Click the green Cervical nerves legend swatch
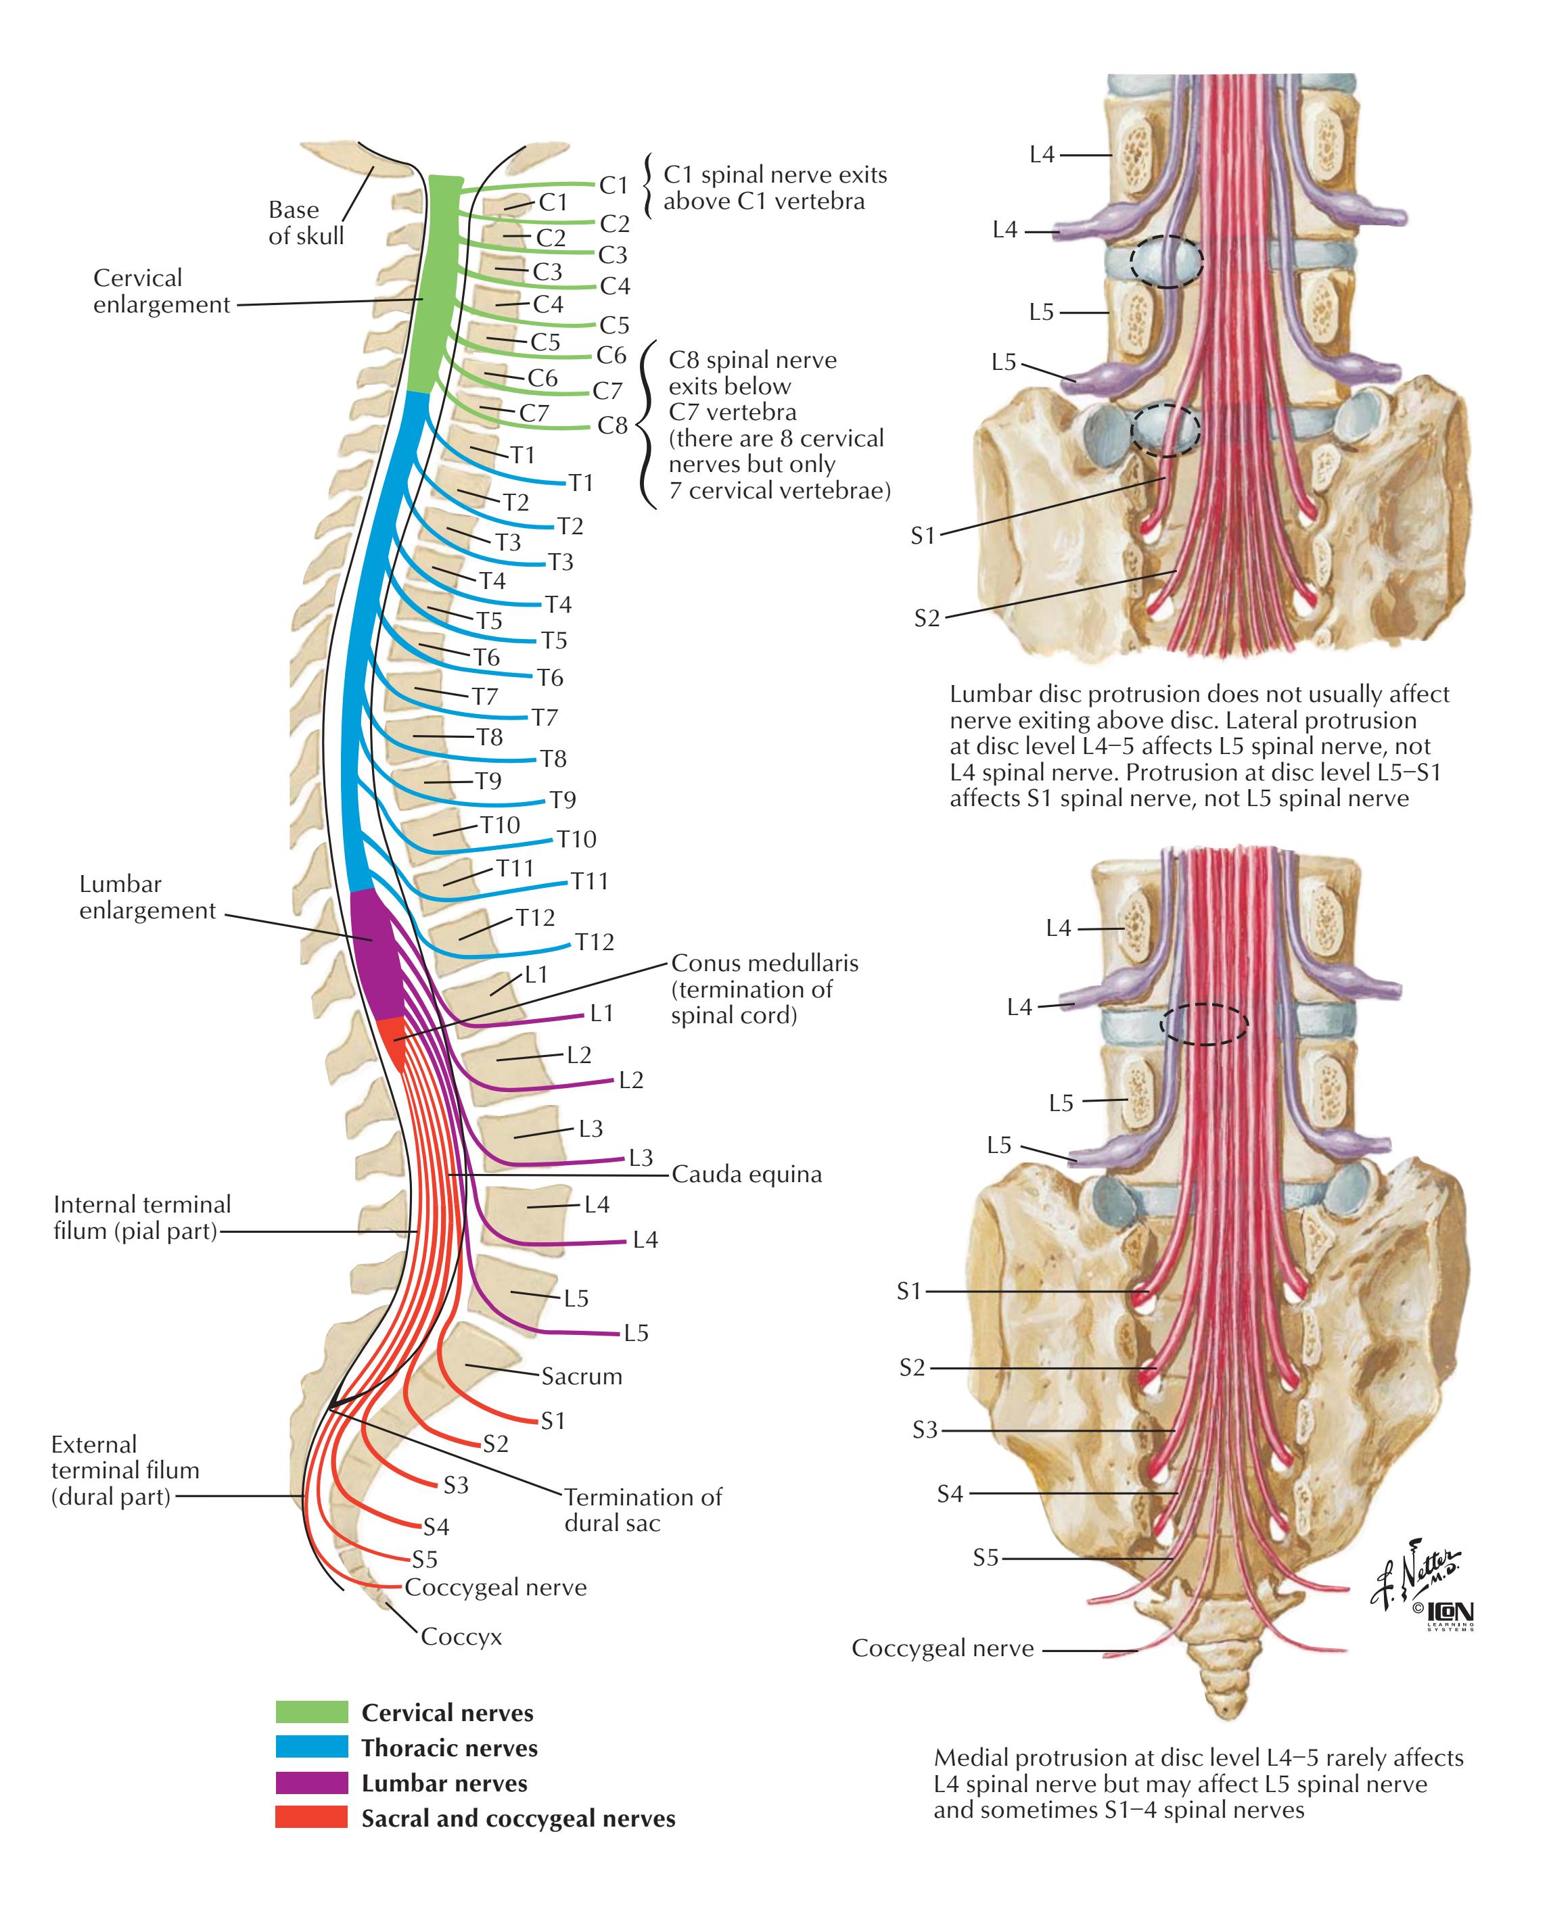click(311, 1712)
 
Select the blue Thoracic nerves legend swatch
click(311, 1747)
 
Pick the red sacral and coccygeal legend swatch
click(311, 1817)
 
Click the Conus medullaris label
click(764, 989)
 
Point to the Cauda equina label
click(747, 1174)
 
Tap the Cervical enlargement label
click(162, 291)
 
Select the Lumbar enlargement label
click(147, 897)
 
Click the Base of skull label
click(306, 222)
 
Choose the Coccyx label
click(461, 1637)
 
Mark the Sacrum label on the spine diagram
click(581, 1376)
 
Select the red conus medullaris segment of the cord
click(392, 1042)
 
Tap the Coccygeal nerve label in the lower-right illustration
click(942, 1648)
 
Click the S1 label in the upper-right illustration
click(922, 536)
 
